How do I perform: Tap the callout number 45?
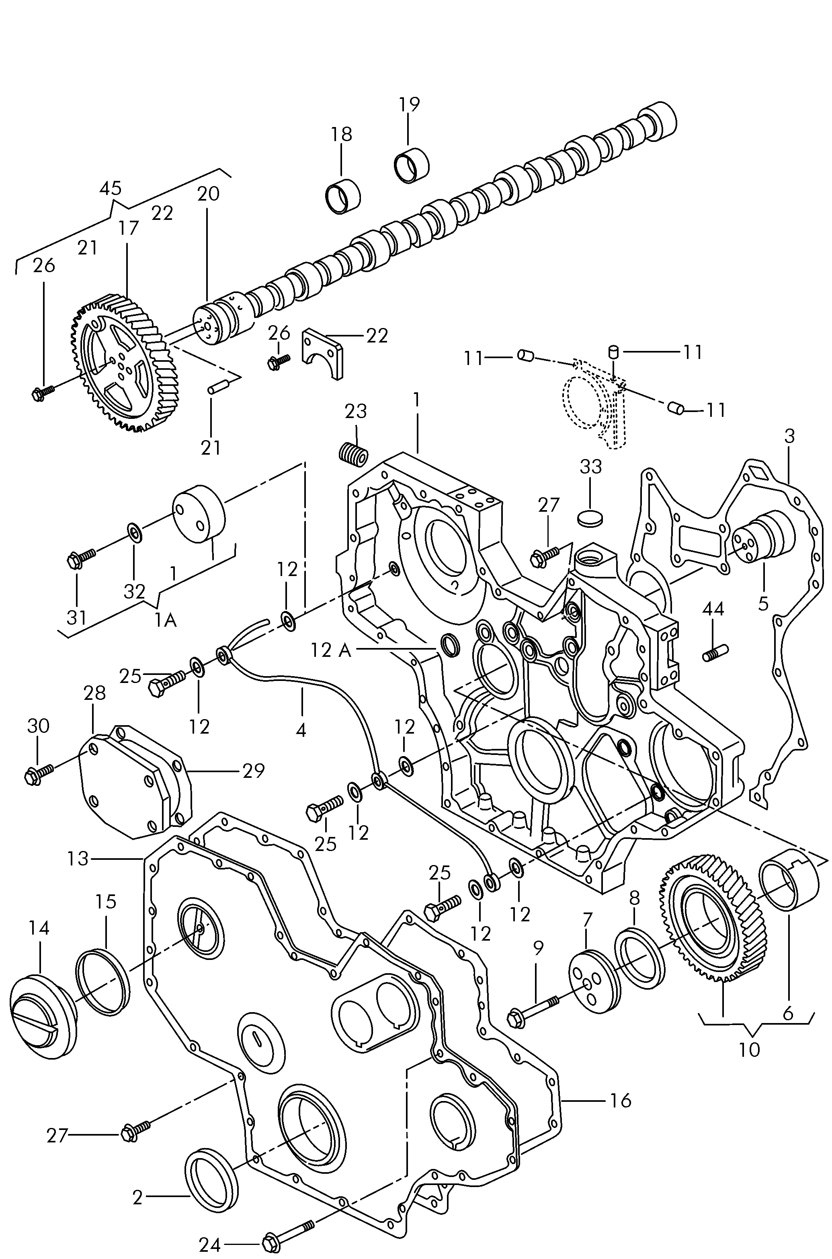pos(111,188)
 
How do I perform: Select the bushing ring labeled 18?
pos(342,196)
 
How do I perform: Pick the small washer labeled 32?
pos(134,532)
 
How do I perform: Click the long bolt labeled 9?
pos(533,1010)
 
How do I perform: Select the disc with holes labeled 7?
pos(593,982)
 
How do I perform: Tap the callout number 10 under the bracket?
pos(749,1049)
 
